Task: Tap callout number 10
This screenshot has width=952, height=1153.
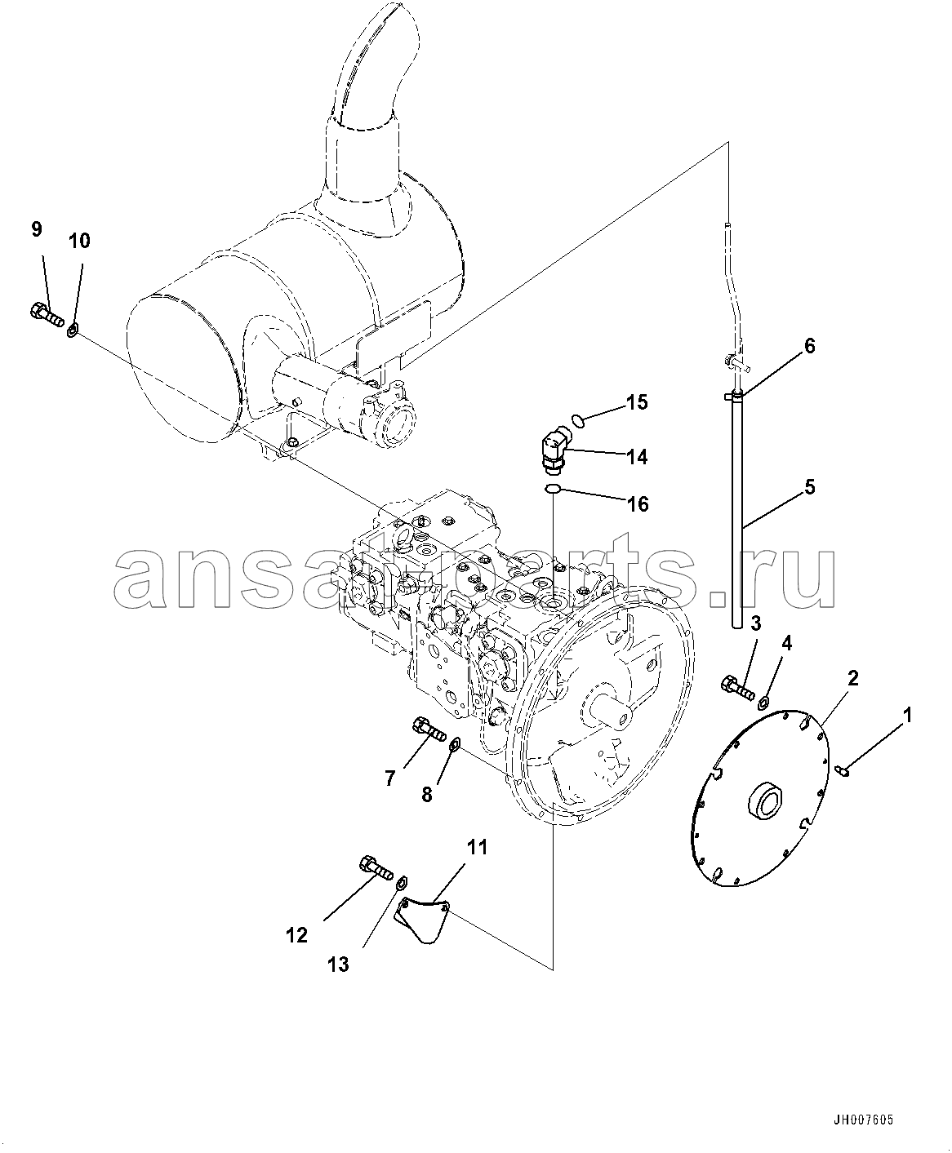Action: pyautogui.click(x=79, y=241)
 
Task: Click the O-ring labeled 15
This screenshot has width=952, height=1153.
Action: pyautogui.click(x=577, y=422)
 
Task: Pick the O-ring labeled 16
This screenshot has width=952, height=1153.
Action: pyautogui.click(x=553, y=489)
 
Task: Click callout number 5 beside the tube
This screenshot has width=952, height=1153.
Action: pyautogui.click(x=809, y=487)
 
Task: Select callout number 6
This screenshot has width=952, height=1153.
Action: pyautogui.click(x=809, y=346)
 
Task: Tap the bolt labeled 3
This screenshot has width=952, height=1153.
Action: pyautogui.click(x=738, y=689)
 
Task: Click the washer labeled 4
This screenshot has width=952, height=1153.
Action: pyautogui.click(x=764, y=703)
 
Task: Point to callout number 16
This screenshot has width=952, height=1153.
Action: pyautogui.click(x=638, y=504)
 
